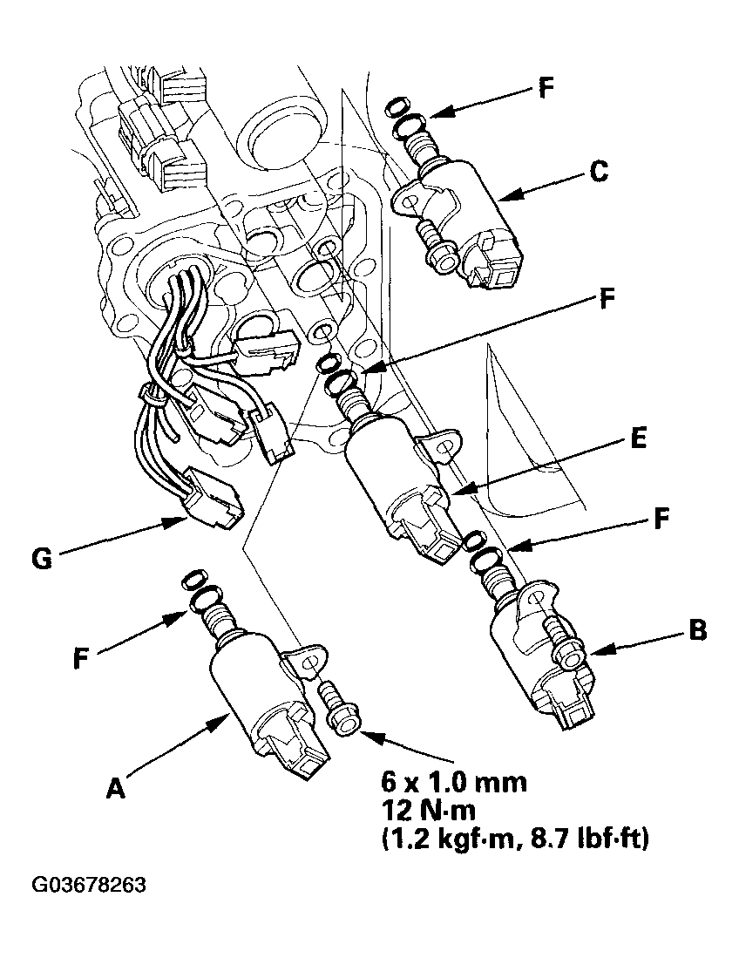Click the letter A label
coord(115,788)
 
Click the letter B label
coord(697,629)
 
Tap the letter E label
coord(638,438)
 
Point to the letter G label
coord(42,559)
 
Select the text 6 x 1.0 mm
coord(454,782)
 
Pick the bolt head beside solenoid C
coord(444,258)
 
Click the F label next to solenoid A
coord(80,658)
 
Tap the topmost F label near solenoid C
coord(546,89)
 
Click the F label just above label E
coord(607,299)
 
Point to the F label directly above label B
coord(661,520)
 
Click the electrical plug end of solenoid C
coord(497,262)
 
